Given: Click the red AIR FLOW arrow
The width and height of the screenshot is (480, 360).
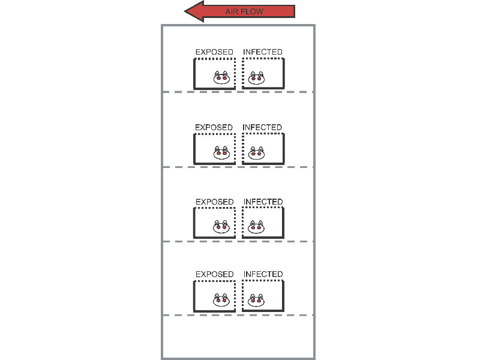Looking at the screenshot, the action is coord(239,11).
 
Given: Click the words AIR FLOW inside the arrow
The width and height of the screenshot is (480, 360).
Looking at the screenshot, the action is coord(244,11).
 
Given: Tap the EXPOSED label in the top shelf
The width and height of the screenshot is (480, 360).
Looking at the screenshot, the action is coord(214,52).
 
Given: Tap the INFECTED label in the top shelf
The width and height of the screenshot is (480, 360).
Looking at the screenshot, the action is coord(263,52).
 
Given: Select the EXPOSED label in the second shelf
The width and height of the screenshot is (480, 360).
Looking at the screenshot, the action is coord(214,127).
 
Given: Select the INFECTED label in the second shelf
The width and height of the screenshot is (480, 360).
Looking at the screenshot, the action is coord(262,127).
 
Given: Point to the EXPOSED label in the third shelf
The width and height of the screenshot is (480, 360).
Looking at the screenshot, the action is coord(215,202).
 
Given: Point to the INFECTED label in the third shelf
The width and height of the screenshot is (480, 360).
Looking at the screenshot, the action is coord(263,202).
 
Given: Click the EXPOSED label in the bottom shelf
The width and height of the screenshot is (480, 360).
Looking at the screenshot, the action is coord(215,274).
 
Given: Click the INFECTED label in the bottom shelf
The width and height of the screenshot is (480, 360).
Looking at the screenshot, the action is coord(263,274).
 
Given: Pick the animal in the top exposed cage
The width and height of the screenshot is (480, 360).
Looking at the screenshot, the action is coord(221,78).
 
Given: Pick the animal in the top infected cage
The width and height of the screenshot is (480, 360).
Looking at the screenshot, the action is coord(256,78).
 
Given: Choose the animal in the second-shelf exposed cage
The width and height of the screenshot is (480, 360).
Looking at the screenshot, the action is coord(221,153).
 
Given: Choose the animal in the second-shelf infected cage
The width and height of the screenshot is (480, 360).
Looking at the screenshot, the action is coord(256,153).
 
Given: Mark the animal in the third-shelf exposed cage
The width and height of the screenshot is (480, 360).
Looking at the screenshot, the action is coord(221,227).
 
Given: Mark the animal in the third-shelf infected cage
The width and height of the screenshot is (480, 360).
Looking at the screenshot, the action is coord(256,227).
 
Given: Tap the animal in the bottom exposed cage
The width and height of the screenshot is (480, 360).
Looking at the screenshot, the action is coord(221,300).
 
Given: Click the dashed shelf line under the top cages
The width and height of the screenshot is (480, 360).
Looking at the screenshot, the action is coord(238,92).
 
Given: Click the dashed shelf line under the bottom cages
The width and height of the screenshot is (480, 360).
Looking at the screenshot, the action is coord(238,315).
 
